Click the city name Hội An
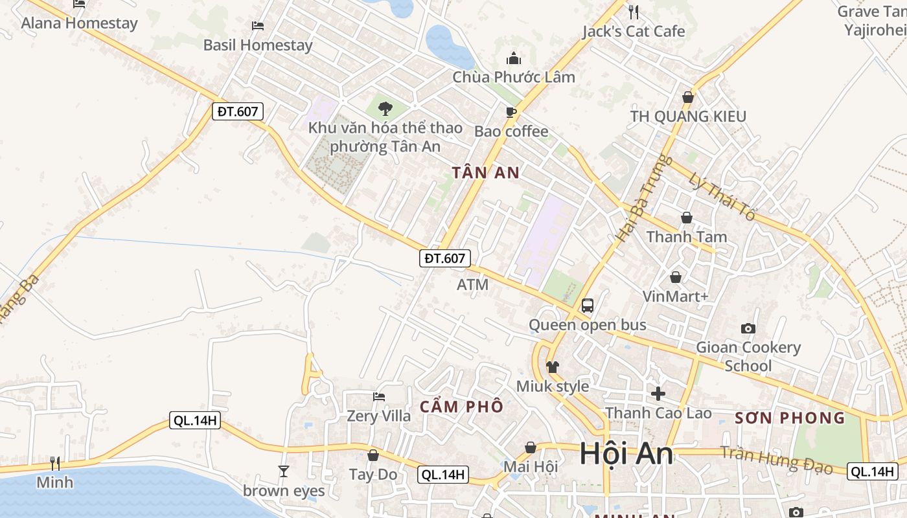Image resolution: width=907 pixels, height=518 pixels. [x=626, y=454]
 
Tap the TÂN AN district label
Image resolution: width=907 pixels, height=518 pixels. [x=486, y=172]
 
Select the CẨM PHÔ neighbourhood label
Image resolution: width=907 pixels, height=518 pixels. [x=461, y=407]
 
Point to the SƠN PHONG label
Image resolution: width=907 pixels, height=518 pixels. [x=790, y=418]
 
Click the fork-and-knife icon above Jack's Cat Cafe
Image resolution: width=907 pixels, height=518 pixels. [x=634, y=12]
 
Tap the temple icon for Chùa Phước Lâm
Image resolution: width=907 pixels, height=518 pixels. [x=514, y=59]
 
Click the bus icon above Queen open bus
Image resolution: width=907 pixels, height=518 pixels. [x=588, y=305]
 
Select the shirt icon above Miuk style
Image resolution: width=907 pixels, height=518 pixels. [x=552, y=367]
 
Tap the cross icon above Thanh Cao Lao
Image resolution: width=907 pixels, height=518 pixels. [x=658, y=393]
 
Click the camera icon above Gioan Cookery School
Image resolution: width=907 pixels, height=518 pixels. [x=748, y=328]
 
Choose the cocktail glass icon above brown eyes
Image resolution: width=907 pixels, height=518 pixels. [x=283, y=471]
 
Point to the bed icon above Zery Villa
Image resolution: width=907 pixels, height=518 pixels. [x=379, y=396]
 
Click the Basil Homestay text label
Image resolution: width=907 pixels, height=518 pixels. [x=258, y=45]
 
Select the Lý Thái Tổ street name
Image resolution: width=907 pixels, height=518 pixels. [x=722, y=197]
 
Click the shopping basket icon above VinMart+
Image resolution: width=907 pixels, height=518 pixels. [x=676, y=277]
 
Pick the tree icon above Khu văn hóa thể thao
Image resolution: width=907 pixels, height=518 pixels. [x=385, y=108]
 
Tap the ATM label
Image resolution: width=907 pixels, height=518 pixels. [x=472, y=284]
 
